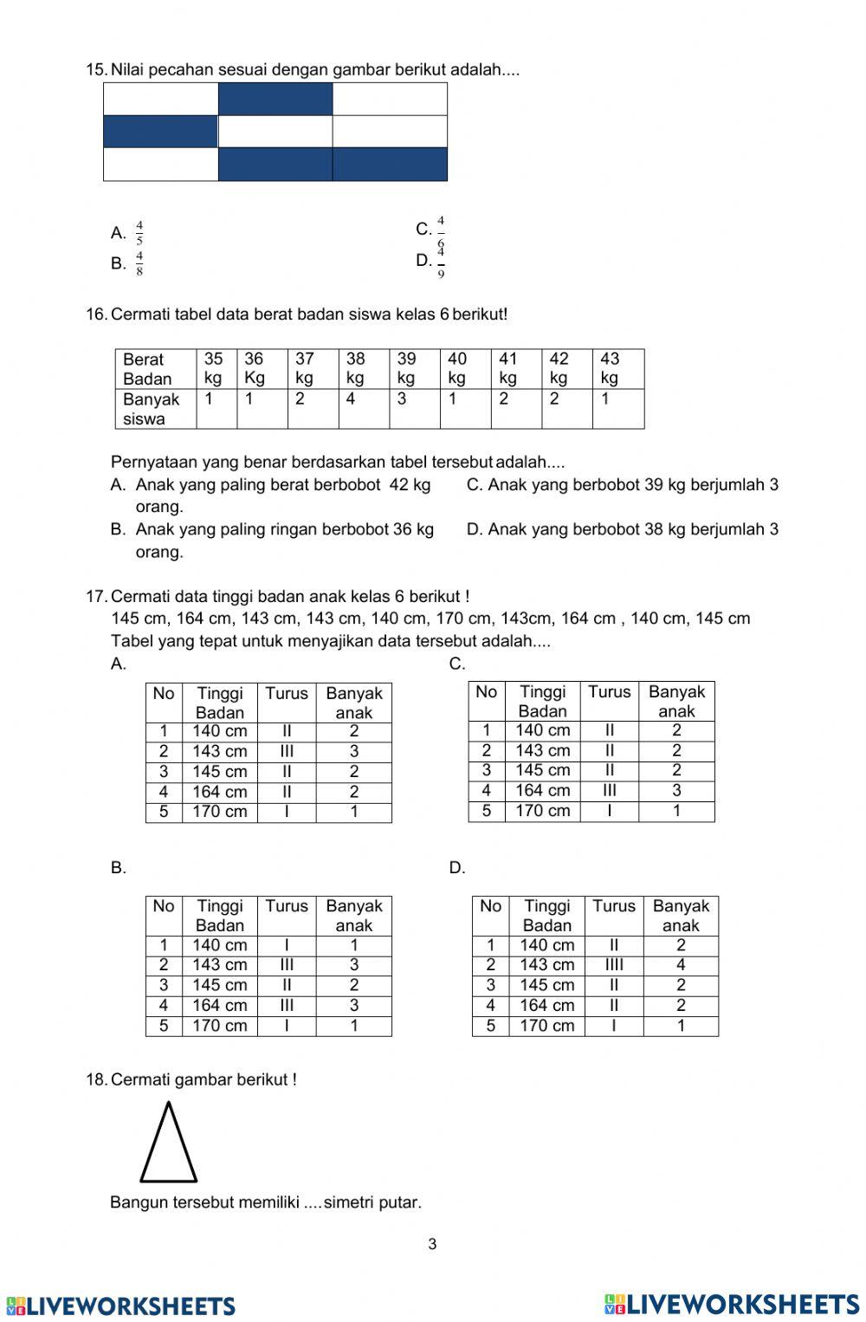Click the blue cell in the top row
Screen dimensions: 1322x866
[275, 99]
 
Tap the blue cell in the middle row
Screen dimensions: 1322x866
[160, 132]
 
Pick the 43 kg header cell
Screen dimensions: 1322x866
[617, 368]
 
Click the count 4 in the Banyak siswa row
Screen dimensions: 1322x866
[352, 399]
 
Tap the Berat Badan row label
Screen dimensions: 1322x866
[149, 368]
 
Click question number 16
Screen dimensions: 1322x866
[95, 314]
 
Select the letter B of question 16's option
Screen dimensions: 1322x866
[118, 528]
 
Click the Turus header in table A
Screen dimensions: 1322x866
[286, 694]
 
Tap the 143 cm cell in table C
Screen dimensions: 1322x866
[542, 750]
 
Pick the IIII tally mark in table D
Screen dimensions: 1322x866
[613, 965]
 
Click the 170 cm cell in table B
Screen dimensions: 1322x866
[219, 1026]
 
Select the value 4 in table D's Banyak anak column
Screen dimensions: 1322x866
[681, 965]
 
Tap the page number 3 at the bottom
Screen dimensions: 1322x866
[432, 1245]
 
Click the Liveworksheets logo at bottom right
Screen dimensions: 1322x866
[733, 1304]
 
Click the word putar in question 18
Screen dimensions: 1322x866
[400, 1202]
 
